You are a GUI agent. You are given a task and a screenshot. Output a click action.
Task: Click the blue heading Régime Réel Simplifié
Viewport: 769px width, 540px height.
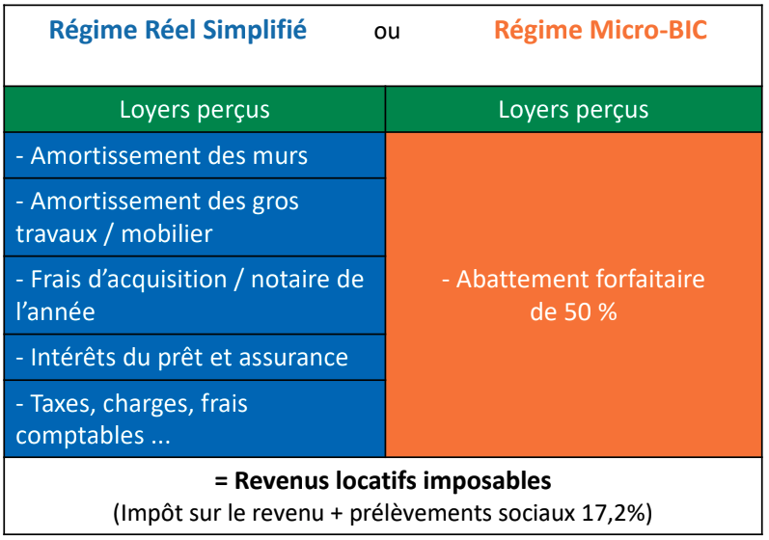coord(179,31)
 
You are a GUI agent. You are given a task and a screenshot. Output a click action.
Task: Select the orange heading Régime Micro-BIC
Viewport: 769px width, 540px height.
coord(600,31)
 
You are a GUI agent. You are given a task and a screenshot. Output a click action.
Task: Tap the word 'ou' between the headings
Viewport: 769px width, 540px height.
coord(387,33)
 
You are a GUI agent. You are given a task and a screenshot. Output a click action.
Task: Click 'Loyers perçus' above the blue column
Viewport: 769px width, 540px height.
coord(195,110)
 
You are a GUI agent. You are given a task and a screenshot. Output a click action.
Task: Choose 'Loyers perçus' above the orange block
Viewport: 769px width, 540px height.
coord(573,110)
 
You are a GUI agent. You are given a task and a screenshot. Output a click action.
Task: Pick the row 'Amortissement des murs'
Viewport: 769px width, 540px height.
coord(162,156)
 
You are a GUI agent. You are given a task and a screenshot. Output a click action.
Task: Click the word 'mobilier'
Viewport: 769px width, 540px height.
coord(167,233)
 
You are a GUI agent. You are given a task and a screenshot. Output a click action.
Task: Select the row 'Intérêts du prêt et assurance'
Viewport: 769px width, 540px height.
coord(182,357)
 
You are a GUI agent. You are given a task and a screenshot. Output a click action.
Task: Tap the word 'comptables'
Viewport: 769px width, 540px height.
coord(80,436)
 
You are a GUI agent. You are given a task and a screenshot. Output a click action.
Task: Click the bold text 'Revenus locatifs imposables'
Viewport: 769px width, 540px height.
coord(393,481)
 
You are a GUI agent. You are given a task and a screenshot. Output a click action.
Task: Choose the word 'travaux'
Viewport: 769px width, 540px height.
coord(56,234)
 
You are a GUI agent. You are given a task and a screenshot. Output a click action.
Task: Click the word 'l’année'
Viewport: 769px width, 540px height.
coord(55,311)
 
